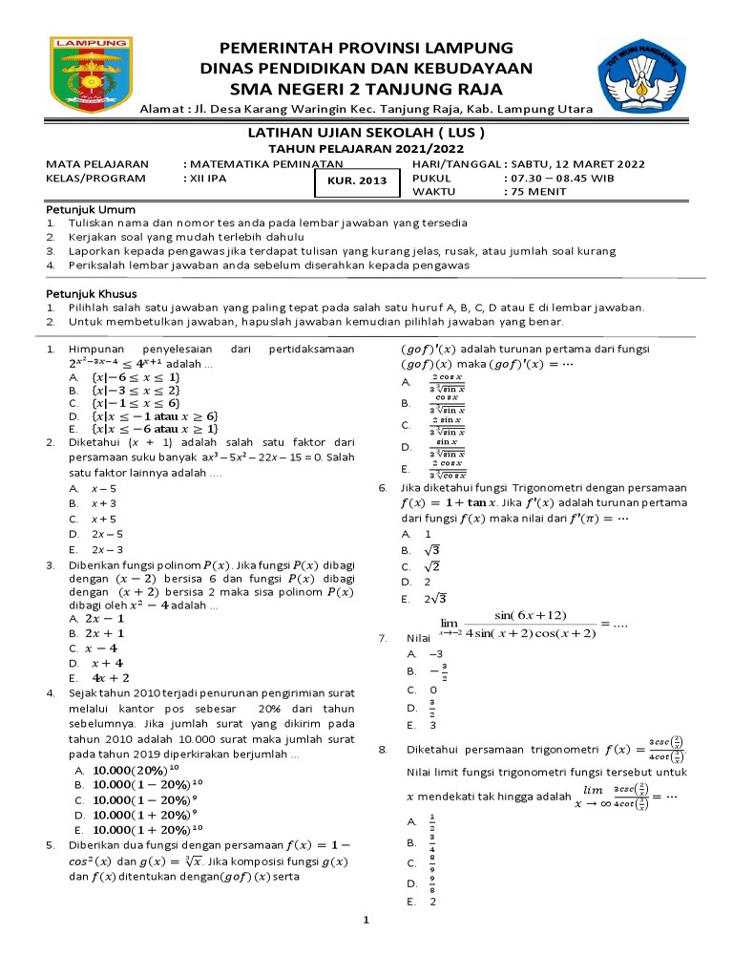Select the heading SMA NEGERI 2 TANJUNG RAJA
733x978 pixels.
(366, 89)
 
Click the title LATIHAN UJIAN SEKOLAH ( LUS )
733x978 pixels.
(366, 133)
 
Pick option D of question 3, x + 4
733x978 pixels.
(106, 663)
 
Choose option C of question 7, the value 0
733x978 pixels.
(433, 690)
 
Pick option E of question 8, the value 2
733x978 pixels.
(433, 902)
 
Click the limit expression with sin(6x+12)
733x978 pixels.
(518, 622)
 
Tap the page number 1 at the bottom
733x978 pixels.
(366, 921)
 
